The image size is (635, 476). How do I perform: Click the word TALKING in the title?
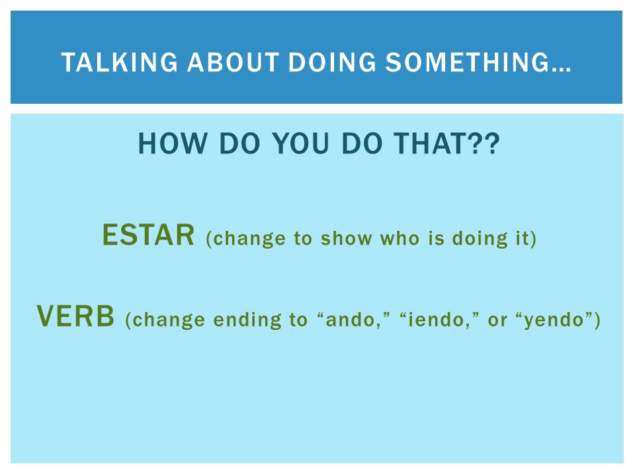[120, 62]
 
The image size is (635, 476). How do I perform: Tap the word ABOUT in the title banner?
[233, 62]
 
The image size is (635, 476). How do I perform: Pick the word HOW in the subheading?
[173, 143]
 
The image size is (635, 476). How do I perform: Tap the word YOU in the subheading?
[301, 143]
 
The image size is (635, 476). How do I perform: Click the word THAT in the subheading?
[429, 143]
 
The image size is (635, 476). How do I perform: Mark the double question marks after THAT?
[483, 143]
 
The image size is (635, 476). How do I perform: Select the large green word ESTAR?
[149, 235]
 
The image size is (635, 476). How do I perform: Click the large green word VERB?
[75, 316]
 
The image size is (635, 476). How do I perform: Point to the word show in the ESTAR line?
[346, 239]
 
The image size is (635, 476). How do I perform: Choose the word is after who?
[437, 239]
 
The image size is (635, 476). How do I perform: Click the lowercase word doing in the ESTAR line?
[480, 239]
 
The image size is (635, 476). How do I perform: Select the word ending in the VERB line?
[247, 321]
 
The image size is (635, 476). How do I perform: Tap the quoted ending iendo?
[437, 320]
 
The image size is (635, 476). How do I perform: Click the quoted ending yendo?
[554, 321]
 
